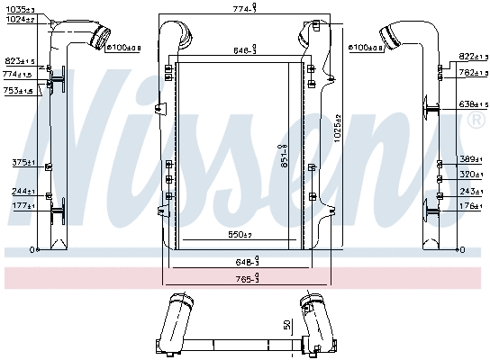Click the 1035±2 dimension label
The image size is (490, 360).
[20, 8]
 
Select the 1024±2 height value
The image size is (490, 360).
[20, 19]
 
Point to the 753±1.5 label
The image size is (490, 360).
[18, 90]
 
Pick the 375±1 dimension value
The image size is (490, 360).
[23, 162]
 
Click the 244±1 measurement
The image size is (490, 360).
[23, 192]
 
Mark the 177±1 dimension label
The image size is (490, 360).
[23, 206]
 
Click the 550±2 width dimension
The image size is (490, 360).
[238, 234]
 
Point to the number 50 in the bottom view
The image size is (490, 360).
[286, 323]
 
